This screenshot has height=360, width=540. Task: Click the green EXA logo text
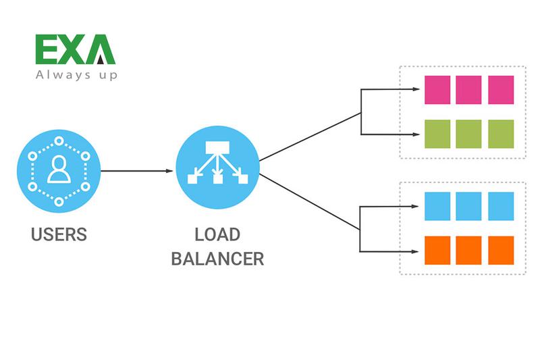point(75,50)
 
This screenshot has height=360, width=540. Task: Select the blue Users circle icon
point(59,172)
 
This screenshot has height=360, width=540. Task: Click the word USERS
point(59,235)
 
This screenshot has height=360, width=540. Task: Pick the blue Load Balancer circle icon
point(217,172)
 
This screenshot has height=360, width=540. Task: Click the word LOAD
point(217,235)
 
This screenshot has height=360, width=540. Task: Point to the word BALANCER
point(217,259)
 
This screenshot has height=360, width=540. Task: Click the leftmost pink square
point(437,90)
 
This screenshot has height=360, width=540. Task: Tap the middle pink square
point(469,90)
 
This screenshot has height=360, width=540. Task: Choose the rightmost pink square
point(501,90)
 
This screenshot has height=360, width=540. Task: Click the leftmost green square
point(437,134)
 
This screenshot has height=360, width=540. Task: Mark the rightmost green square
point(501,134)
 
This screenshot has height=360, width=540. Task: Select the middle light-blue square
point(469,206)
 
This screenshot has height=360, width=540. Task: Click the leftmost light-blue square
point(437,206)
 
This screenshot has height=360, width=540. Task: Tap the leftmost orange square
point(437,250)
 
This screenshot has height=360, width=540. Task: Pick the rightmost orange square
point(501,250)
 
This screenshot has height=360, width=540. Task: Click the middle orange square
point(469,250)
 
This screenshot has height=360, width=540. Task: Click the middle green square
point(469,134)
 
